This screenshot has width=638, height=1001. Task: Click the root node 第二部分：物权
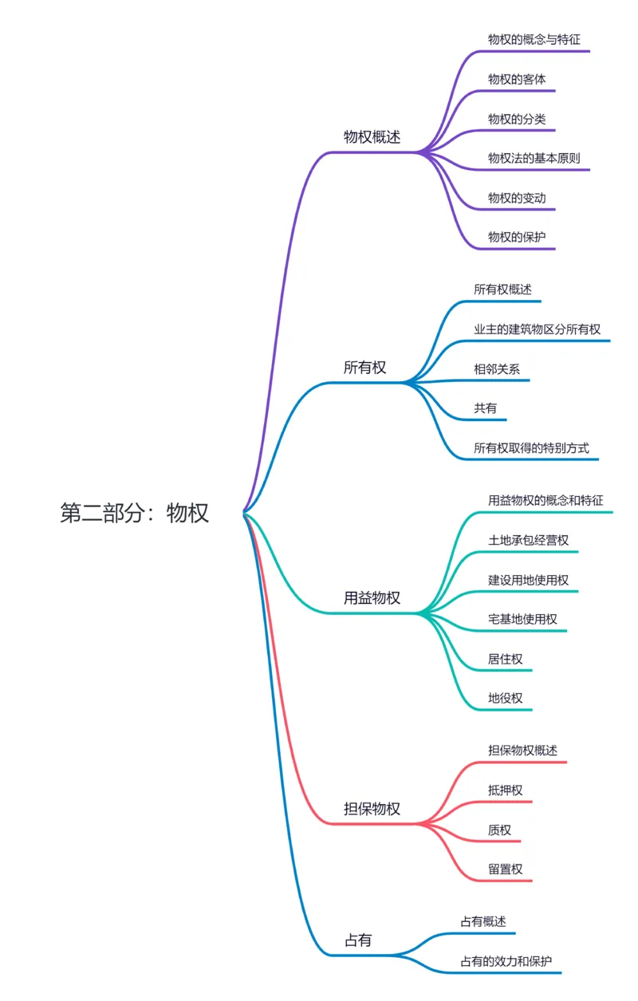[x=135, y=513]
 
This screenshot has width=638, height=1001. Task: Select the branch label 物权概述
[x=372, y=136]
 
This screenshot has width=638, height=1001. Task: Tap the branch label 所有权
[x=364, y=368]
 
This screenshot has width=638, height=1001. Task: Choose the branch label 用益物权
[x=372, y=598]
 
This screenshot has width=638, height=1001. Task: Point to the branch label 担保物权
[x=372, y=809]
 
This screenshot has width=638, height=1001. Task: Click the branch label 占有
[x=357, y=940]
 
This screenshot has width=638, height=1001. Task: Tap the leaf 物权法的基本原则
[x=534, y=158]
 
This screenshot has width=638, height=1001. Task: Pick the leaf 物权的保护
[x=517, y=237]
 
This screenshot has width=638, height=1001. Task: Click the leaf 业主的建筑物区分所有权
[x=537, y=329]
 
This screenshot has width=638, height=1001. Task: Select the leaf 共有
[x=485, y=408]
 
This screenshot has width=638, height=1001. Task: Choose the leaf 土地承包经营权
[x=528, y=540]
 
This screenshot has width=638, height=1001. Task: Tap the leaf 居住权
[x=505, y=659]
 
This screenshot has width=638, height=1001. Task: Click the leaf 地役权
[x=505, y=698]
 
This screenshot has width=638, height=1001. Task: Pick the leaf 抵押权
[x=505, y=790]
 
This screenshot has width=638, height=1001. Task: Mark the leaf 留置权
[x=505, y=869]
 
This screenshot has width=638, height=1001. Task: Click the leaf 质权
[x=499, y=830]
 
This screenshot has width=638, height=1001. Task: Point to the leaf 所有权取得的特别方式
[x=531, y=447]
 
